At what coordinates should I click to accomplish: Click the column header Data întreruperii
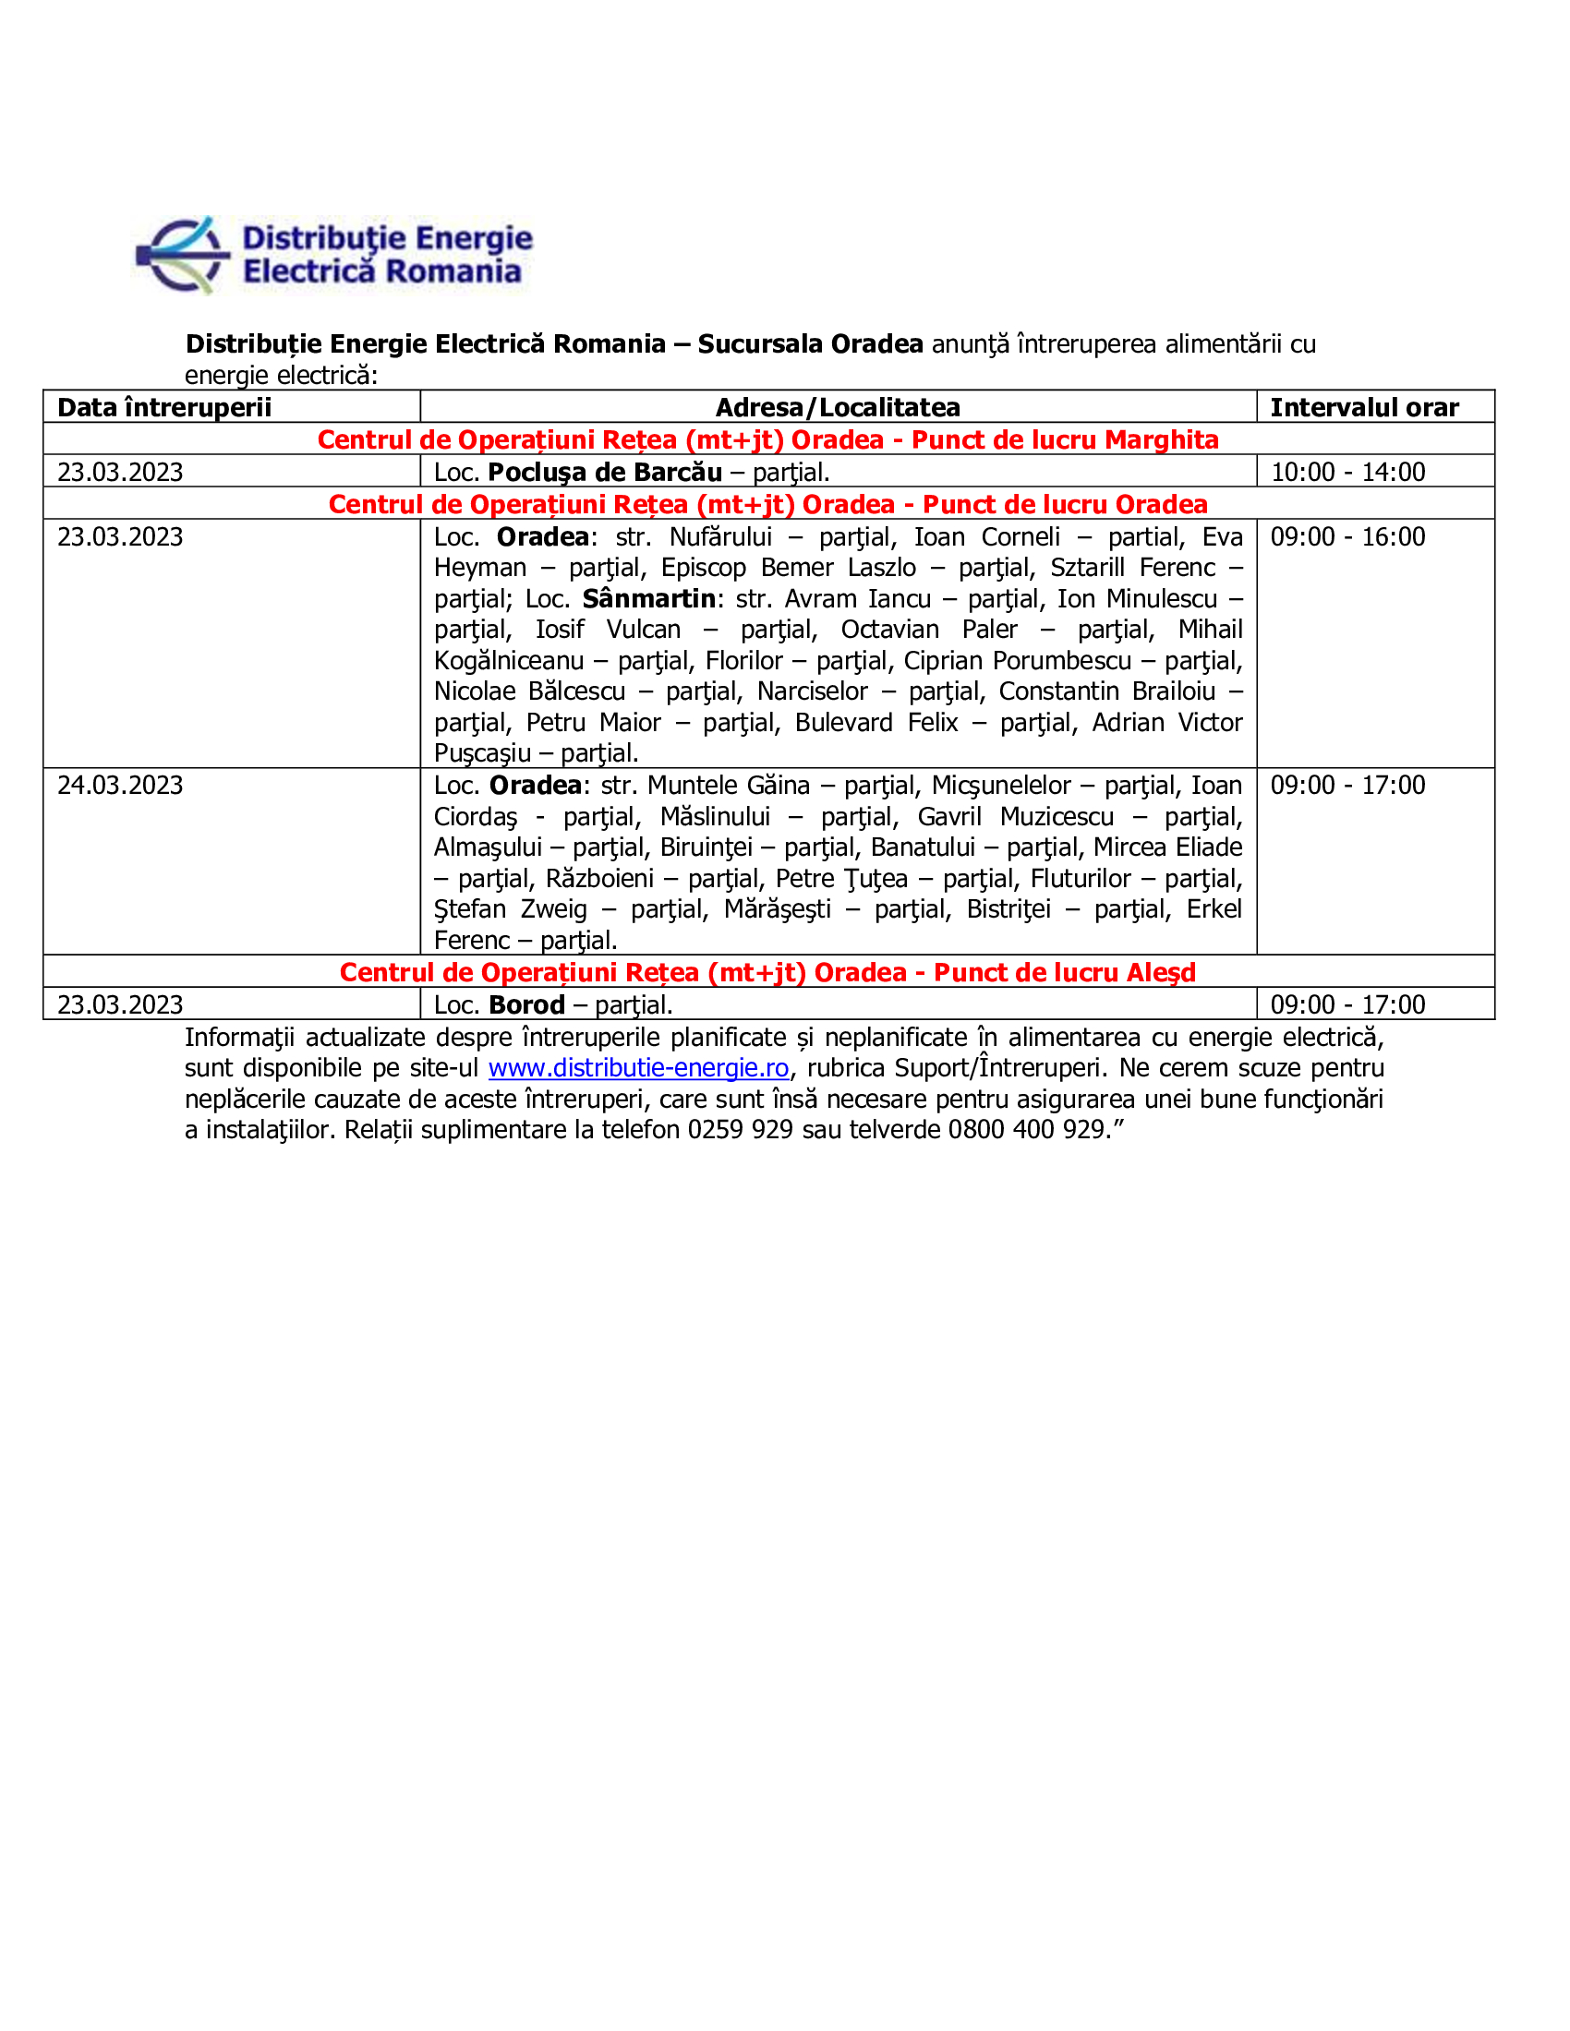pos(164,407)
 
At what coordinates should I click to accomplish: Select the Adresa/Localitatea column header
pos(837,407)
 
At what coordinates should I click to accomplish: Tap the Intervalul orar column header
pos(1363,407)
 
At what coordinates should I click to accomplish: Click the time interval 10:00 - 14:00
pos(1347,472)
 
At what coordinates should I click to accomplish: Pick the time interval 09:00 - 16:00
pos(1347,536)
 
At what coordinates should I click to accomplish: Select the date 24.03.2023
pos(120,785)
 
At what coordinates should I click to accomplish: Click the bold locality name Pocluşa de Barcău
pos(605,472)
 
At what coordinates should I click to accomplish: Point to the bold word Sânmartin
pos(649,598)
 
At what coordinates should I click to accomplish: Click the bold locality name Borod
pos(526,1004)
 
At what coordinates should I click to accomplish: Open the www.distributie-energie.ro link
pos(638,1067)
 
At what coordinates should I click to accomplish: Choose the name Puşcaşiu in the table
pos(482,752)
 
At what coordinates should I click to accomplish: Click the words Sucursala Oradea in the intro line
pos(810,343)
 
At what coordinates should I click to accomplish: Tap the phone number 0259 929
pos(740,1129)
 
